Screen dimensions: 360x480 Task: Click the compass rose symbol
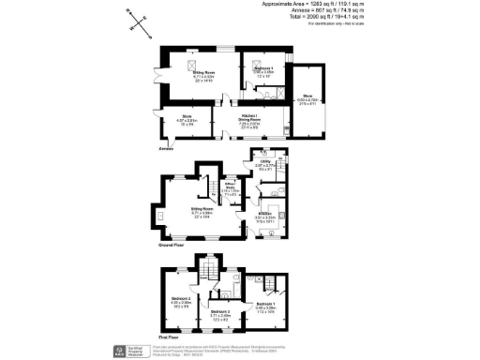point(136,23)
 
